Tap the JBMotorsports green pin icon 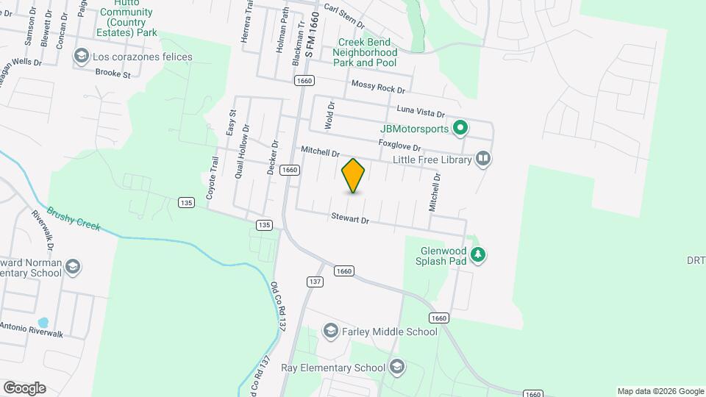460,129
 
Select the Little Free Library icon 483,158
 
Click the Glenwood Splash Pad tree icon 479,254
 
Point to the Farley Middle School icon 329,332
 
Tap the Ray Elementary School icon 397,367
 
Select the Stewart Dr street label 349,218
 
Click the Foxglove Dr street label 399,146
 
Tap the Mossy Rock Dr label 378,87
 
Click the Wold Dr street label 331,115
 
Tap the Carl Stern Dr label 344,13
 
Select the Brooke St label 113,74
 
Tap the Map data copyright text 660,391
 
